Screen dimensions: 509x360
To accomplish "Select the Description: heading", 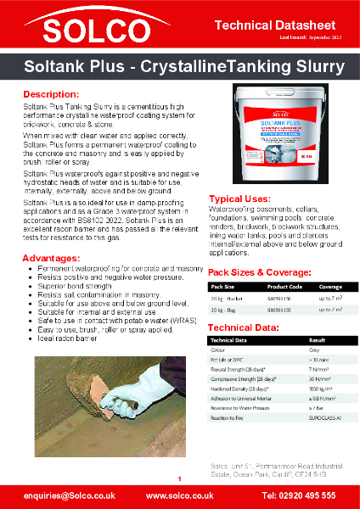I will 51,92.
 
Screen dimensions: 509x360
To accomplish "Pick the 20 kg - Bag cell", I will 225,311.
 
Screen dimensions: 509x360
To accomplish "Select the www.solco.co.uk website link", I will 179,495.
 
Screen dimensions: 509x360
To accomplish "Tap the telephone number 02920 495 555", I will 298,495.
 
